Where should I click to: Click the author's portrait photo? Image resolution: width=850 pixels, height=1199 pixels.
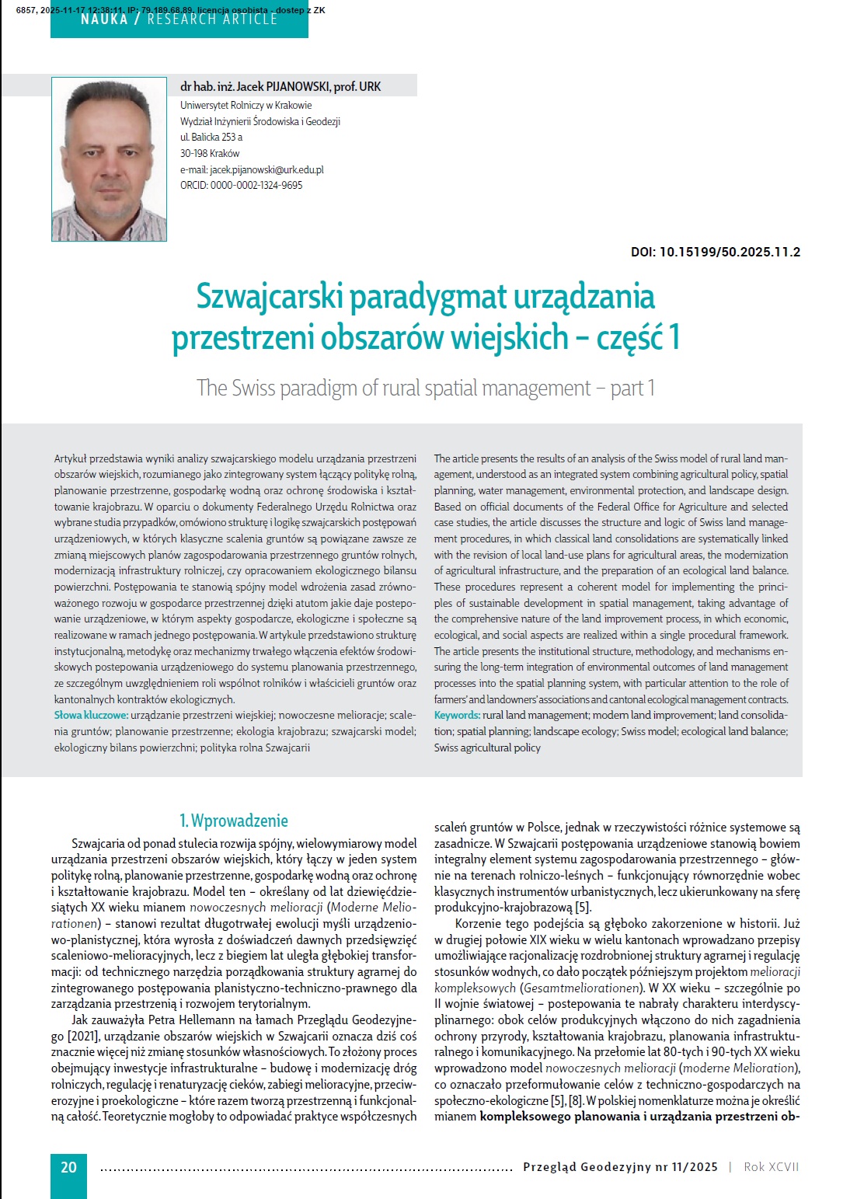(109, 159)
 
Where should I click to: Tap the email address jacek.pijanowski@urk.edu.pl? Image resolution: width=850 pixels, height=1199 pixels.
(266, 169)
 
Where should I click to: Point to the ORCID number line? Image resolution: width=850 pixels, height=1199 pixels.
(242, 185)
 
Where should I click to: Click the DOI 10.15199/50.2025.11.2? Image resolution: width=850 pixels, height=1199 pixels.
(716, 253)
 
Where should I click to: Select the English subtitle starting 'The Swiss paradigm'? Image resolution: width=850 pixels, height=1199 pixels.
(425, 387)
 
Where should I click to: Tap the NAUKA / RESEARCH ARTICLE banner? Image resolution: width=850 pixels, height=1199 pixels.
(179, 19)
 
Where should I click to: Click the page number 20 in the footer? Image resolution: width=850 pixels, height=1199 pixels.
(68, 1166)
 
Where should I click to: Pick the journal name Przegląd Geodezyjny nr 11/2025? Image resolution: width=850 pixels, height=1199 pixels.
(620, 1166)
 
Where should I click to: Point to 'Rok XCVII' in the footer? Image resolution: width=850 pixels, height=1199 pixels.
(771, 1166)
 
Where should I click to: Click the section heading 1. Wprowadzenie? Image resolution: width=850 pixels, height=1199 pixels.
(234, 821)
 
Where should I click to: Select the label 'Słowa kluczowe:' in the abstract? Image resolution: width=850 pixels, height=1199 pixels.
(90, 715)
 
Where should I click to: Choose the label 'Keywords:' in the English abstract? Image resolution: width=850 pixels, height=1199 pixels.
(457, 715)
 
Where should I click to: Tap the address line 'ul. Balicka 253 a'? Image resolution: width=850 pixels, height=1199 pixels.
(211, 137)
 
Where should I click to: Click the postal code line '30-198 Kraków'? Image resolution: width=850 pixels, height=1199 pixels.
(210, 153)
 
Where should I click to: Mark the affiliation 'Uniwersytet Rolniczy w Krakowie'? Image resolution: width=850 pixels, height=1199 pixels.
(246, 105)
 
